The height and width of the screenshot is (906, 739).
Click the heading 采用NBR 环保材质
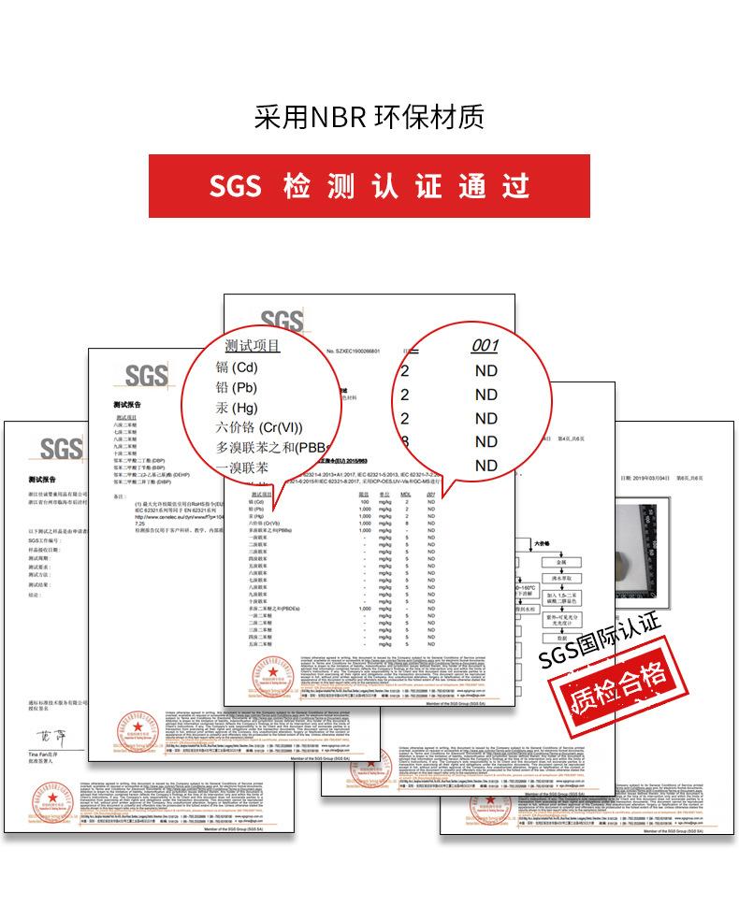point(369,118)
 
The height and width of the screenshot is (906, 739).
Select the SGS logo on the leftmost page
point(61,449)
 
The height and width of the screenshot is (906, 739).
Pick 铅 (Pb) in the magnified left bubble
point(236,387)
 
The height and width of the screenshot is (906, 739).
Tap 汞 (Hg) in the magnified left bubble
point(236,408)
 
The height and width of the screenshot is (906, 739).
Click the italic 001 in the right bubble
point(485,346)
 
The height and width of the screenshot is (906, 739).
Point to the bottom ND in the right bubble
point(486,466)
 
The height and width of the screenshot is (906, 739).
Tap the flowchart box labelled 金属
point(561,563)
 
